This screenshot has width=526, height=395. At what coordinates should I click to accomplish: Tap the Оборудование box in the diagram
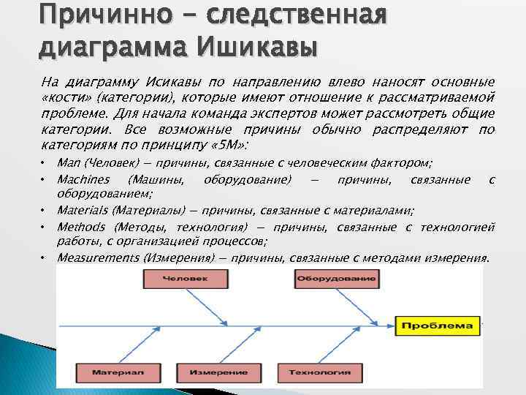pos(337,279)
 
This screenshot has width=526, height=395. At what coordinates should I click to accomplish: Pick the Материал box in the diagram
pos(118,373)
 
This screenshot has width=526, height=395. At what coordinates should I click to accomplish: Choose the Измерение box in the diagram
pos(219,373)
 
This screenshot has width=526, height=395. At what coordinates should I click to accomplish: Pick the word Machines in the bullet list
pos(83,179)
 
